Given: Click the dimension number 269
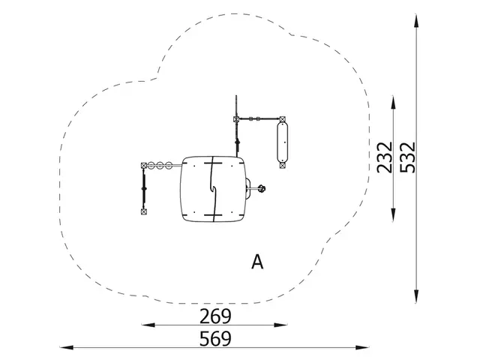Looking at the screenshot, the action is point(215,316).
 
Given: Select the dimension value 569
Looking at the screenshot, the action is point(215,339).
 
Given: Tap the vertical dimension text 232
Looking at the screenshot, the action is point(385,157).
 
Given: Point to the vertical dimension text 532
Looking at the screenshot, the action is point(408,157).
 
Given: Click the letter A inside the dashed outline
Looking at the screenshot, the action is point(257,262).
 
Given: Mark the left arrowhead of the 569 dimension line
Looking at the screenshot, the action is point(67,347).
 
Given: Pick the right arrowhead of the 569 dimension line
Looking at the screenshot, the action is point(362,347).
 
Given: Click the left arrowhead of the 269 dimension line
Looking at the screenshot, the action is point(148,325).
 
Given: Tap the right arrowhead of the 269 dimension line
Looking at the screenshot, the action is point(280,325).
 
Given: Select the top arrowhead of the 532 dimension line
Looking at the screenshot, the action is point(416,22).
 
